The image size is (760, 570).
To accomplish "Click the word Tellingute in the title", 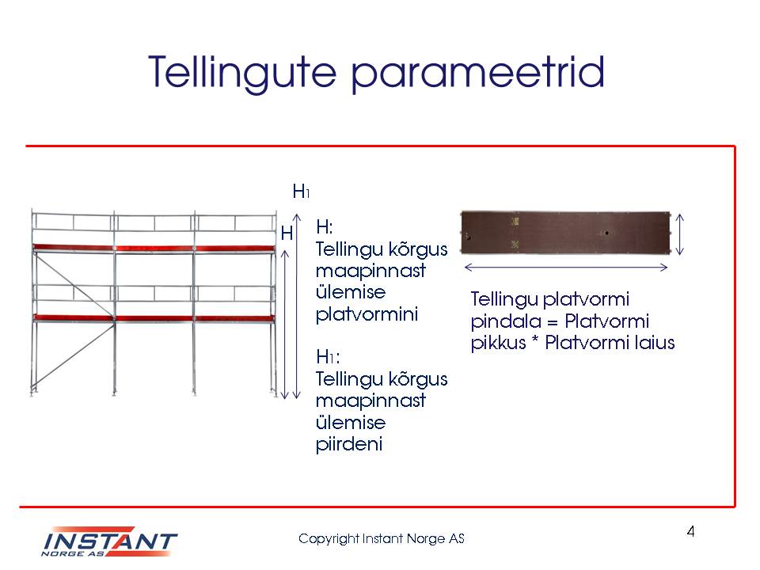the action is tap(242, 73).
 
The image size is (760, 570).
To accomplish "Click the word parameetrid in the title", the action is tap(477, 74).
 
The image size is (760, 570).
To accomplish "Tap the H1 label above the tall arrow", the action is tap(301, 192).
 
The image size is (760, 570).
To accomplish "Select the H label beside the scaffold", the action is tap(287, 234).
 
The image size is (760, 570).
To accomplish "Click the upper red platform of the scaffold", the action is tap(154, 248).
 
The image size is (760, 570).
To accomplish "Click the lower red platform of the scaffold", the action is tap(154, 318).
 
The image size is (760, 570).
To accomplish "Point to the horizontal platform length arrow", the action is tap(566, 267).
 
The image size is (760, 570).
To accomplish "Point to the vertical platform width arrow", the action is tap(679, 234).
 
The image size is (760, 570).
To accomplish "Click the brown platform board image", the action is tap(565, 233).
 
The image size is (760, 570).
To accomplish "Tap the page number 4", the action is tap(690, 532).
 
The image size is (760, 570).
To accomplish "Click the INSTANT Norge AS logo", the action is tap(109, 541).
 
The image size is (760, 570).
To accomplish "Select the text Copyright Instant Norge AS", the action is tap(382, 538).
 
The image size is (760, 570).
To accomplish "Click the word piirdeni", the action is tap(349, 444).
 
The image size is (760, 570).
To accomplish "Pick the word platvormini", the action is tap(367, 314).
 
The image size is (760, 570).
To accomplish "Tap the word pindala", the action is tap(506, 321).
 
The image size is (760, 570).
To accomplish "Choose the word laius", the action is tap(655, 343).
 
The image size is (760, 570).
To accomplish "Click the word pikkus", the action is tap(498, 343).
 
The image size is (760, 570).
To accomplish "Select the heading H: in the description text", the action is tap(325, 227).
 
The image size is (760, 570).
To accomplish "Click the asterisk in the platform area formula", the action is tap(535, 340).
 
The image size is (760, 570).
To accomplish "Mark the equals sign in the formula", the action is tap(553, 322).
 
